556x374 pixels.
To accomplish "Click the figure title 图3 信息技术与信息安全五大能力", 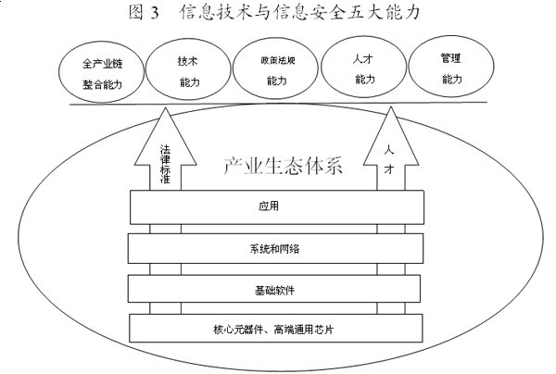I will coord(278,13).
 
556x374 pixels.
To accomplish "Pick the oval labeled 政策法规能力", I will coord(276,71).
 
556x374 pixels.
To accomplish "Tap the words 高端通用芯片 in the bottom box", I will coord(310,329).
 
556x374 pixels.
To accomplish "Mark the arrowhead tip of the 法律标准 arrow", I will coord(166,109).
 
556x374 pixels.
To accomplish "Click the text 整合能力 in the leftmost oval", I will coord(101,83).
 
